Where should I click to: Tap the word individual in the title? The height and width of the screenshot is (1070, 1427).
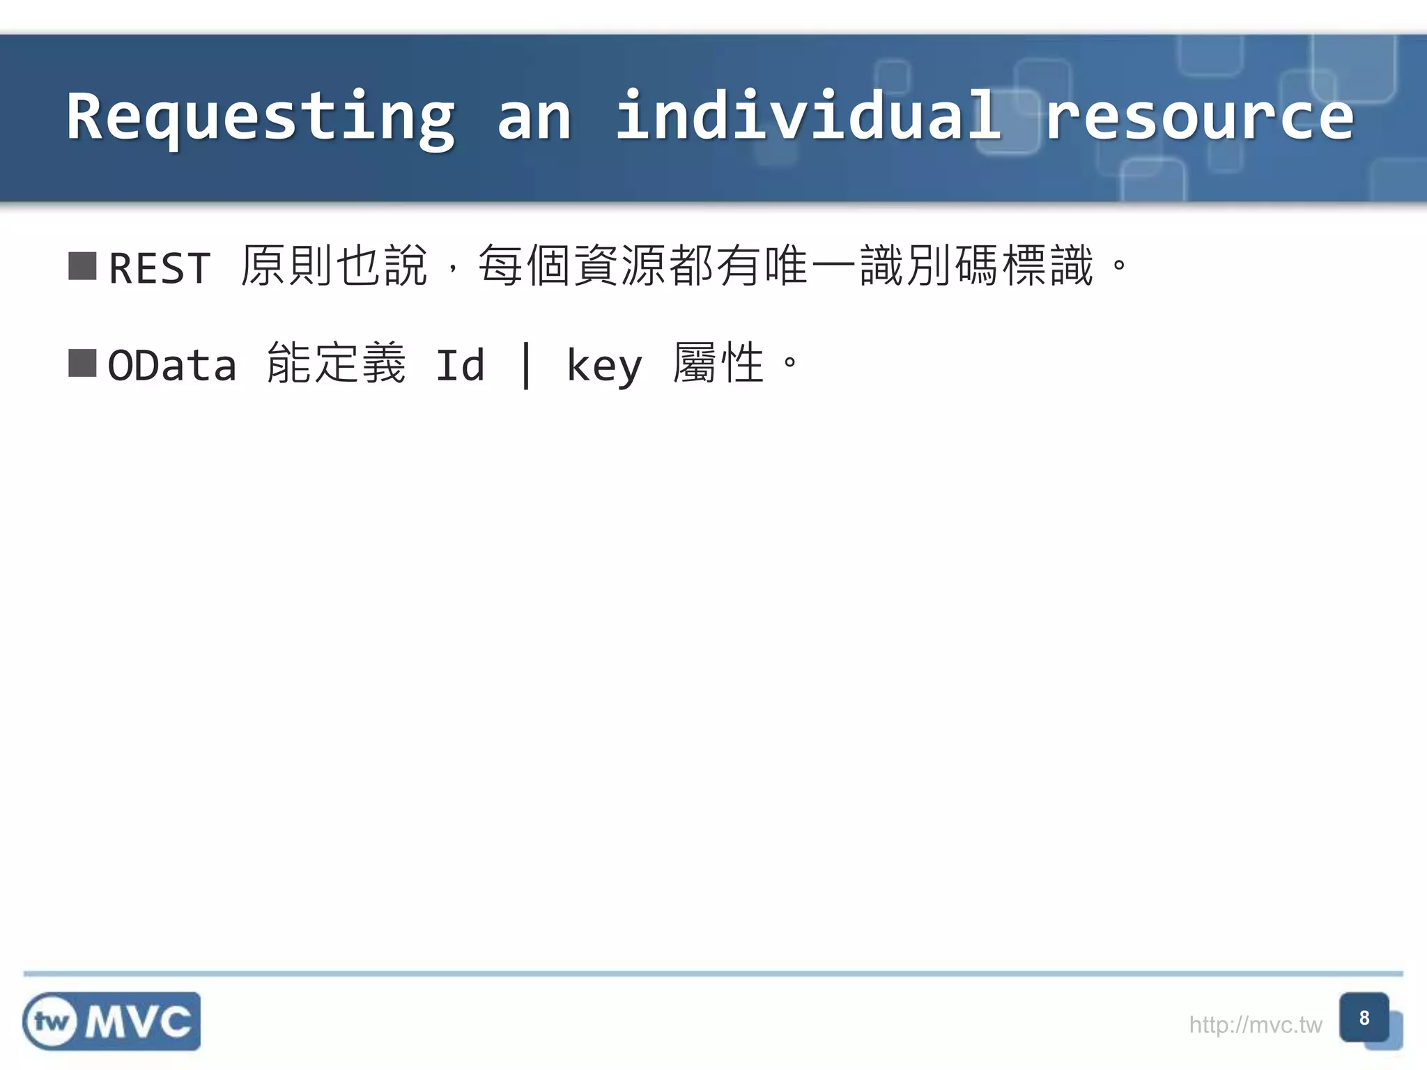[x=808, y=116]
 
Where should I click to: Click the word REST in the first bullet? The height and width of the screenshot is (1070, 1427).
[x=160, y=267]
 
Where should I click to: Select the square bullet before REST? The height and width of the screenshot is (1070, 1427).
[x=82, y=266]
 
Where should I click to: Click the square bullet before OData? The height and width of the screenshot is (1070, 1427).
[x=82, y=364]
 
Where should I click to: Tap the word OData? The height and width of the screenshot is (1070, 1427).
[x=172, y=365]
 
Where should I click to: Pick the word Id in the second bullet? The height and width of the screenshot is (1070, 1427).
[x=460, y=365]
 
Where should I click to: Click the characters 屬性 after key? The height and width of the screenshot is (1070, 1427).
[x=718, y=364]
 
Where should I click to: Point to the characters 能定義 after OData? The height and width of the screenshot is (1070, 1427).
[x=336, y=364]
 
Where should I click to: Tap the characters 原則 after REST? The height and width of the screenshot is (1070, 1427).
[x=286, y=266]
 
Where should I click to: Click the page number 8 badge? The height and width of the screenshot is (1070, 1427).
[x=1364, y=1018]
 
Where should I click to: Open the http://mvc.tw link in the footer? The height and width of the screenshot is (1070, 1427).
[x=1255, y=1025]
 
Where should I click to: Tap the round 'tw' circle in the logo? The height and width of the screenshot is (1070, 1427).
[x=51, y=1022]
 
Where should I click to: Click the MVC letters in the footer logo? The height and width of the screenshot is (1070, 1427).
[x=138, y=1022]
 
